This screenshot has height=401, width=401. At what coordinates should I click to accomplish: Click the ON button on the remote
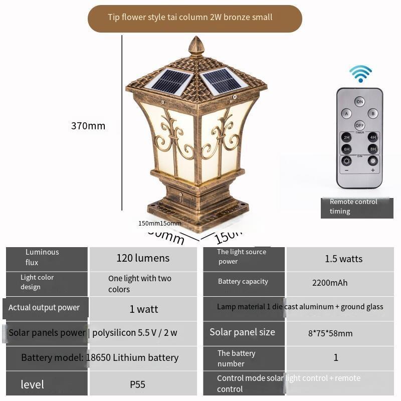pos(359,102)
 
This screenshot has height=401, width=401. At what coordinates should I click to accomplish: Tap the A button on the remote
pos(346,114)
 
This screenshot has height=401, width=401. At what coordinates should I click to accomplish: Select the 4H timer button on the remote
pos(372,137)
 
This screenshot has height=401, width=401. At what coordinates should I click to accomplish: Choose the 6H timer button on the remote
pos(346,149)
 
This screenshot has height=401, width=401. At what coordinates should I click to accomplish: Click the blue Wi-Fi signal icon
pos(360,74)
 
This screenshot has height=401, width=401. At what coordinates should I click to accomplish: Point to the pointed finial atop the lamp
pos(196,46)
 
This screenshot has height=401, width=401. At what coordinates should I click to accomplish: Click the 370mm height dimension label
pos(88,126)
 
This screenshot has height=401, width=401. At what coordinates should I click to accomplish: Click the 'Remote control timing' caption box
pos(356,207)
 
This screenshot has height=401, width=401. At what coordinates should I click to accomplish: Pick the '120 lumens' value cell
pos(143,259)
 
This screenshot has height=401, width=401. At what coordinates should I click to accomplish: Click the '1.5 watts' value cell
pos(343,259)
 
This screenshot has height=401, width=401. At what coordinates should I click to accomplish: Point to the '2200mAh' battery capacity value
pos(330,283)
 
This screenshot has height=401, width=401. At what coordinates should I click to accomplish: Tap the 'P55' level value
pos(137,384)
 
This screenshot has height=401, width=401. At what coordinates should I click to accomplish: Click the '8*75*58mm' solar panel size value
pos(330,333)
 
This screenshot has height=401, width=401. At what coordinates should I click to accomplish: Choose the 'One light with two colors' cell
pos(140,284)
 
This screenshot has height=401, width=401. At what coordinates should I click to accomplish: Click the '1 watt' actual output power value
pos(144,309)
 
